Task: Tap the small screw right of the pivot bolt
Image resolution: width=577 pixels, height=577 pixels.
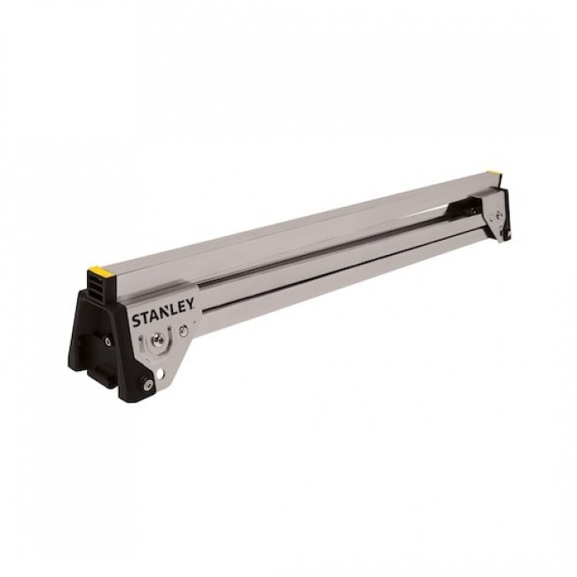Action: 182,330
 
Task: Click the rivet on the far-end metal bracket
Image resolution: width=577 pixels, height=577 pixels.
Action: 499,216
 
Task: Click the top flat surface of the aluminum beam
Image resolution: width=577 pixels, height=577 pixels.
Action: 311,220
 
